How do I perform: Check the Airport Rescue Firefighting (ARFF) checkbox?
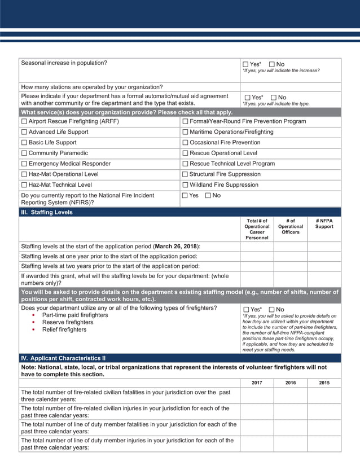point(24,121)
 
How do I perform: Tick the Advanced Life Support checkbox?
point(24,132)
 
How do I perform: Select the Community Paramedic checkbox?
point(24,153)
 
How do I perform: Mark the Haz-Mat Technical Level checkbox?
point(24,185)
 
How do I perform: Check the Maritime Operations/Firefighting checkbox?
point(185,132)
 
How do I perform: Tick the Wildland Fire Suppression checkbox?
point(185,185)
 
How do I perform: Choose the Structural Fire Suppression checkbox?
point(185,174)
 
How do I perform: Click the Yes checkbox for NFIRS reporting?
point(185,196)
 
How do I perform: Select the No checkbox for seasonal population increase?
point(273,64)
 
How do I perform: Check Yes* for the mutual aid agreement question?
point(247,98)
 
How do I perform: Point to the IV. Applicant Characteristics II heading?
point(63,358)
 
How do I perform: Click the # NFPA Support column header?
point(324,224)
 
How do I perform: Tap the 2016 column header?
point(290,383)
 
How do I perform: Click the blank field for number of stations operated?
point(290,87)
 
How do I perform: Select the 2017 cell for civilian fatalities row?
point(257,395)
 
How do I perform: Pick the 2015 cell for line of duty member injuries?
point(324,444)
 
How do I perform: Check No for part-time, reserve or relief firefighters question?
point(273,310)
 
